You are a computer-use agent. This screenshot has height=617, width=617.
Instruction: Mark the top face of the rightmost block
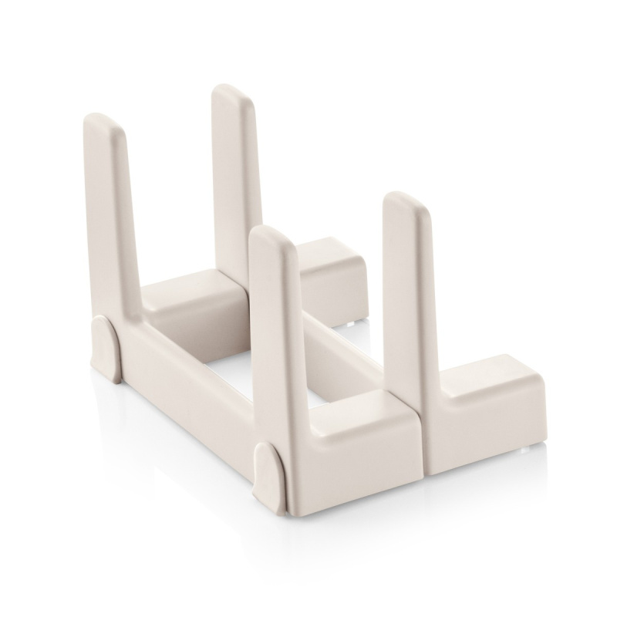tap(486, 378)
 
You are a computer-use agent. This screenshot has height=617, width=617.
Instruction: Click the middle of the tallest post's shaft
tap(235, 177)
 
